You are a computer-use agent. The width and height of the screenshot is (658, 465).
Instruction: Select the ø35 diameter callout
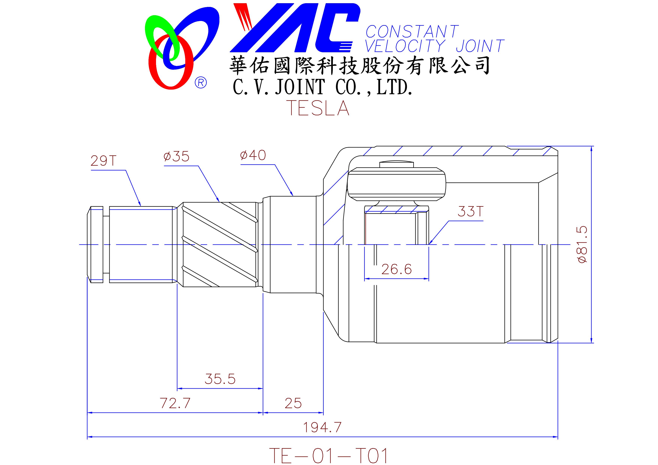pos(176,156)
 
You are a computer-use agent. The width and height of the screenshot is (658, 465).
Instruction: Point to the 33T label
pos(470,212)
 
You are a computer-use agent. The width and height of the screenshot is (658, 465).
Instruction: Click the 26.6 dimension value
pos(397,269)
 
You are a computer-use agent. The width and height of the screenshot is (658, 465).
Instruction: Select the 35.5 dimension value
pos(220,379)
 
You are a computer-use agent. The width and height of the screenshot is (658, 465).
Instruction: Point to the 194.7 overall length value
pos(322,428)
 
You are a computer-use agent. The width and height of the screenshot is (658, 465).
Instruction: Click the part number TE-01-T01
pos(329,456)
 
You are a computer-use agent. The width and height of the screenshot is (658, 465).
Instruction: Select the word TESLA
pos(319,108)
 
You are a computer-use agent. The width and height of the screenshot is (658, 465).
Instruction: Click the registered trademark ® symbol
pos(201,83)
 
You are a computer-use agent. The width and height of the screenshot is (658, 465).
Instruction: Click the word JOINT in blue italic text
pos(480,46)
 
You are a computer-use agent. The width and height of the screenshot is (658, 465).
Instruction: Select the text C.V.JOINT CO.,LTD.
pos(323,87)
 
